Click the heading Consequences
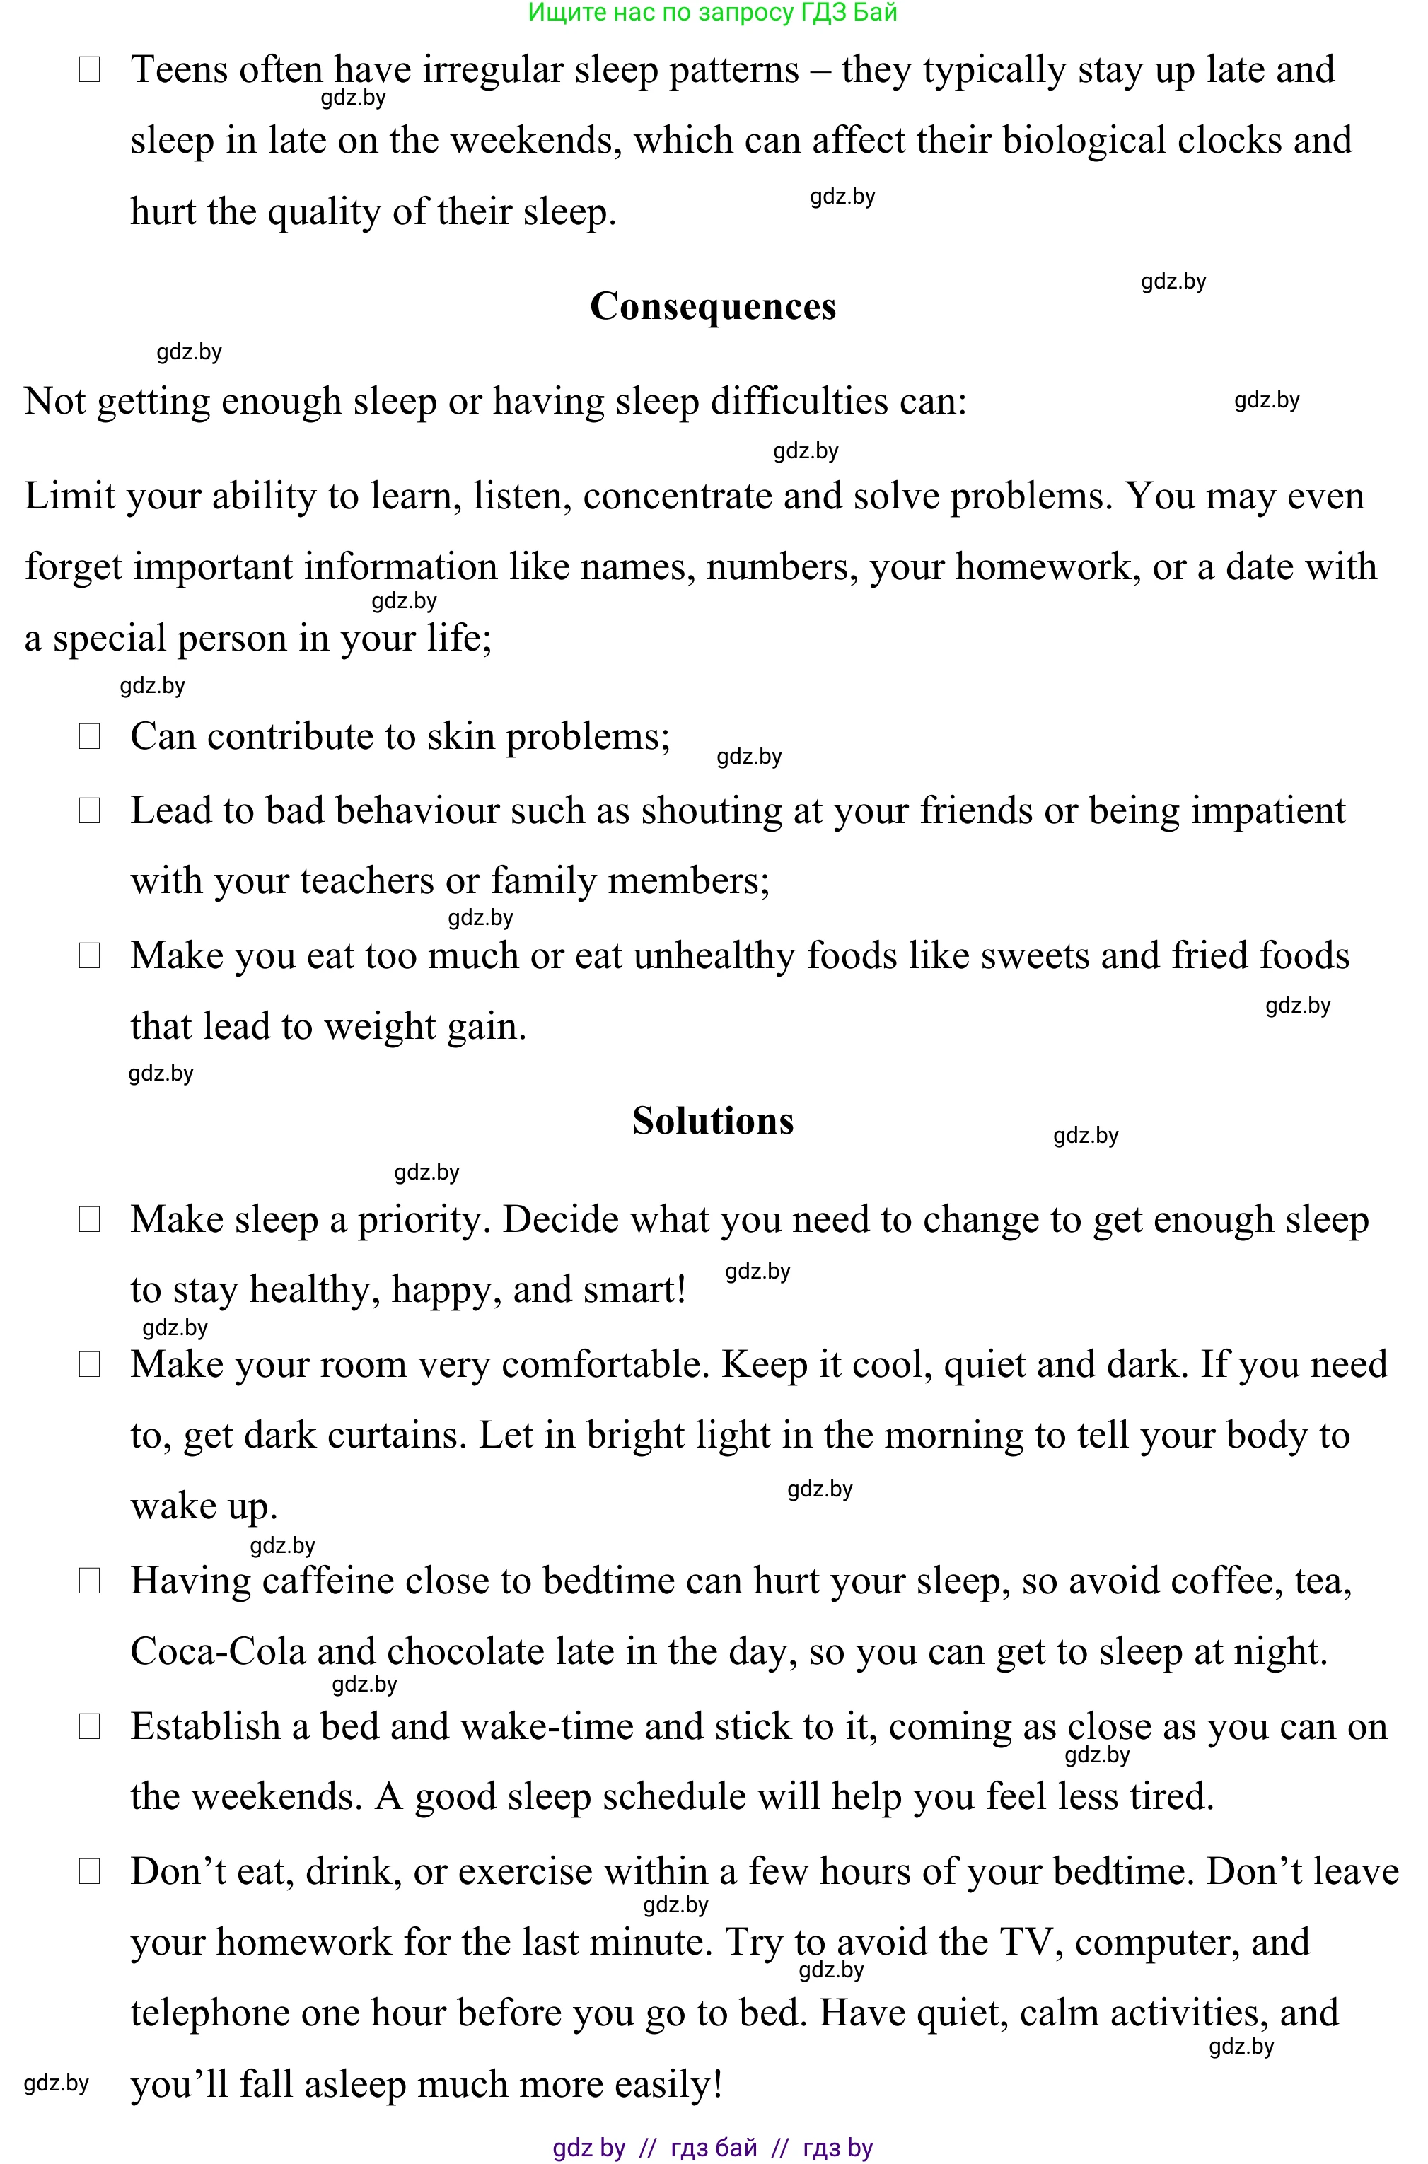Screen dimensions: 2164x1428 pyautogui.click(x=712, y=307)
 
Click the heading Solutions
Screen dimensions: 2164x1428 pyautogui.click(x=712, y=1121)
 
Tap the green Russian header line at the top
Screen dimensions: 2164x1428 pyautogui.click(x=712, y=12)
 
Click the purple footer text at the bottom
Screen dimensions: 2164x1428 pyautogui.click(x=712, y=2148)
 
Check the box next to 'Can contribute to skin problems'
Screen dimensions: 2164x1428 pyautogui.click(x=89, y=736)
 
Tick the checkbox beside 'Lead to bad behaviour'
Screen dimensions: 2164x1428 pyautogui.click(x=89, y=810)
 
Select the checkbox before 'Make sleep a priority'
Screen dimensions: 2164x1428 pyautogui.click(x=89, y=1219)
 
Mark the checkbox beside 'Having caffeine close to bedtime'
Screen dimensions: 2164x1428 pyautogui.click(x=89, y=1581)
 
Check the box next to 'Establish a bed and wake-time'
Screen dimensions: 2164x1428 pyautogui.click(x=89, y=1726)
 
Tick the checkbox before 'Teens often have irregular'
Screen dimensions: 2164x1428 pyautogui.click(x=89, y=69)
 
